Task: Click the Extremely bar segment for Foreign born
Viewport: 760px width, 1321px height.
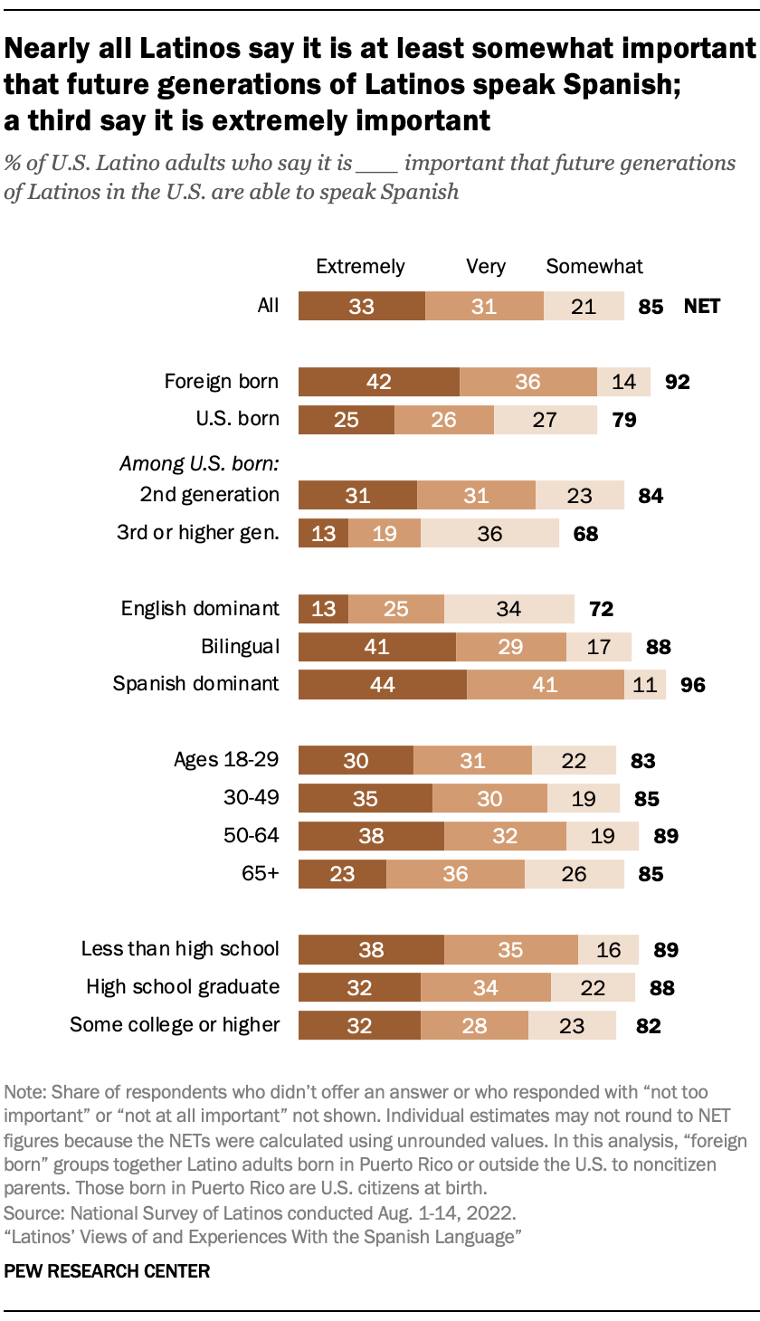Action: click(379, 382)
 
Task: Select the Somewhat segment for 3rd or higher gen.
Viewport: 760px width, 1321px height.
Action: click(489, 534)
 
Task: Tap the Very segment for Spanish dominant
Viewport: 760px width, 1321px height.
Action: click(545, 684)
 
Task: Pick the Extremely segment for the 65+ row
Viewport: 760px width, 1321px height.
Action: click(342, 874)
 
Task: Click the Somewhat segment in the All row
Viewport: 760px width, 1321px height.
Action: click(584, 307)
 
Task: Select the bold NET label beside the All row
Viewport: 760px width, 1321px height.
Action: click(702, 307)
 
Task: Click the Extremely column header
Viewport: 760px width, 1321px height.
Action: click(360, 266)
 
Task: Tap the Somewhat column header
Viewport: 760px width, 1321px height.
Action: click(594, 266)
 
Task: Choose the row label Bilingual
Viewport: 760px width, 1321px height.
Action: click(240, 646)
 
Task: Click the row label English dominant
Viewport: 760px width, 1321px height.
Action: click(200, 608)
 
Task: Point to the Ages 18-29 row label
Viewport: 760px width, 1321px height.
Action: click(226, 760)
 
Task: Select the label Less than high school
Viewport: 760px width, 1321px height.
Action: click(180, 949)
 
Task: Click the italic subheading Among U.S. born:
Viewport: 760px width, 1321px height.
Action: click(199, 464)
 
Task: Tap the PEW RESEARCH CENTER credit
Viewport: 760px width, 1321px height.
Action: click(107, 1271)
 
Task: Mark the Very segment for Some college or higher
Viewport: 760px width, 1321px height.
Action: click(474, 1026)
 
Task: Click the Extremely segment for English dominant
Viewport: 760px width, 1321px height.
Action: click(323, 609)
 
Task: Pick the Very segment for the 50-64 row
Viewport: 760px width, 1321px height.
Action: click(505, 836)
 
